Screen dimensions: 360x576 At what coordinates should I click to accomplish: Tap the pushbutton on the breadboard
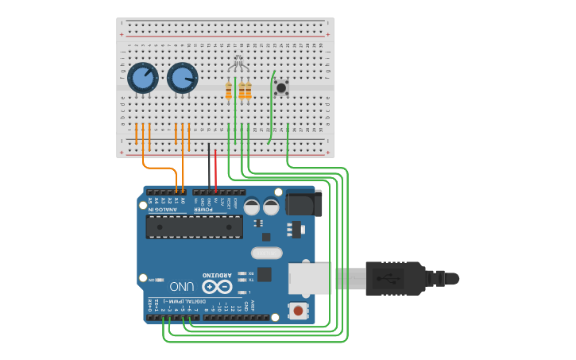[281, 87]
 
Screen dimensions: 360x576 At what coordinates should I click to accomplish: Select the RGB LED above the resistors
[237, 64]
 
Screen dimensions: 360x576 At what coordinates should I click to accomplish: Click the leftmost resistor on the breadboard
[229, 91]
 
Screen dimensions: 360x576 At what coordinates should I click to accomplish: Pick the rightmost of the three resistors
[248, 91]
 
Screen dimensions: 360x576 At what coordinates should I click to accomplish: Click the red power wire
[215, 168]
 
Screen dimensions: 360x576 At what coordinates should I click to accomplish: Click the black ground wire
[210, 168]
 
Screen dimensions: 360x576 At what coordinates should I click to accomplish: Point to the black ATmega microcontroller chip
[195, 226]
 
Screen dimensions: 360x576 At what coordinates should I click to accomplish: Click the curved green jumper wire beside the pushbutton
[272, 107]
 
